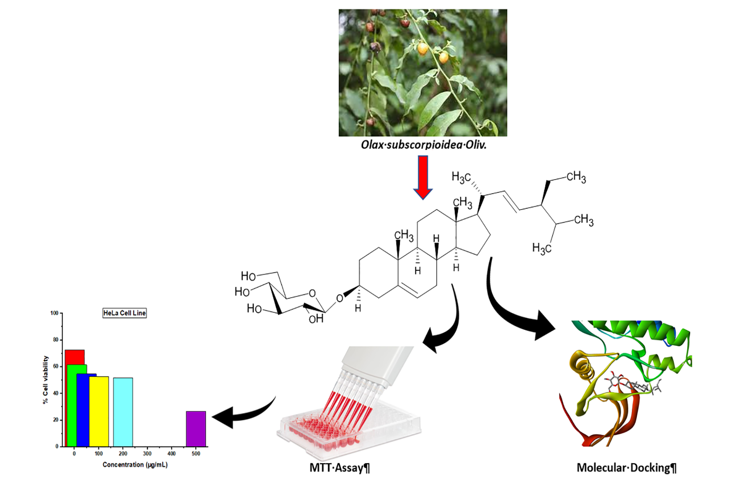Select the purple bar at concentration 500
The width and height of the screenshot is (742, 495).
tap(196, 429)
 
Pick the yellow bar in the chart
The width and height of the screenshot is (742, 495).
tap(99, 412)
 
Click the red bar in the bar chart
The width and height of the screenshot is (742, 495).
tap(75, 356)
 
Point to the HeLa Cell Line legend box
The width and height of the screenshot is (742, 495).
tap(124, 313)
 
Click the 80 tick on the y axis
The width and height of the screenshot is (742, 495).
tap(56, 340)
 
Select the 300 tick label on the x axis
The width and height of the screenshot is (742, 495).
tap(147, 454)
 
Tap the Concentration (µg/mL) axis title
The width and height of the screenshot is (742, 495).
tap(135, 465)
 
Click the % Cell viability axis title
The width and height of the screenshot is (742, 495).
tap(46, 380)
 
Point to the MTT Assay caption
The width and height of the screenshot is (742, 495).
tap(339, 468)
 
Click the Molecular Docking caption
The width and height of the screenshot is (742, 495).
tap(626, 468)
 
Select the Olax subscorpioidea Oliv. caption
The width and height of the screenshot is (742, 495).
tap(423, 145)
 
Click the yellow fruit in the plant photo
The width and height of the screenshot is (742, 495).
tap(423, 49)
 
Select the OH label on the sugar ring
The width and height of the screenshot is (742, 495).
tap(316, 319)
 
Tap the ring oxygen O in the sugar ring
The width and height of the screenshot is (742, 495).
tap(312, 293)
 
